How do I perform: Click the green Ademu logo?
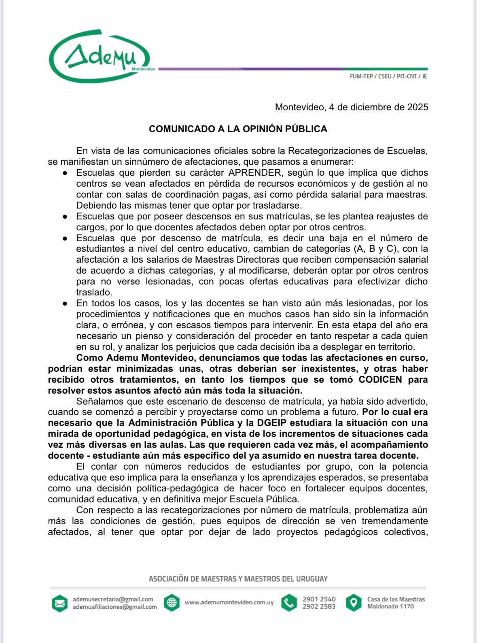point(100,57)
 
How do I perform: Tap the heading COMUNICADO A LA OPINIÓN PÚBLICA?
point(238,129)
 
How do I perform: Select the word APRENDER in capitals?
point(254,173)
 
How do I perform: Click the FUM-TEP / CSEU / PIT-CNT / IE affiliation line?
point(388,76)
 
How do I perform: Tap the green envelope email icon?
point(59,603)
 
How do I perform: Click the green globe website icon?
point(172,603)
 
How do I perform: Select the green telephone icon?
point(289,603)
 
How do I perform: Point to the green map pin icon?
point(354,603)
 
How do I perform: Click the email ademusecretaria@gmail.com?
point(113,599)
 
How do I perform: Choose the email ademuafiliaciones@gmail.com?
point(114,607)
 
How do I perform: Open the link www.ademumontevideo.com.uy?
point(229,603)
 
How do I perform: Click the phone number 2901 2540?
point(319,599)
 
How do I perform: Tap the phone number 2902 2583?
point(319,607)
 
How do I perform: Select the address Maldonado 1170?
point(390,607)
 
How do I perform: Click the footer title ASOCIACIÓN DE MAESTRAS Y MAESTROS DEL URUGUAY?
point(238,579)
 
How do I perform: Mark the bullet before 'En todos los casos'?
point(65,304)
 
